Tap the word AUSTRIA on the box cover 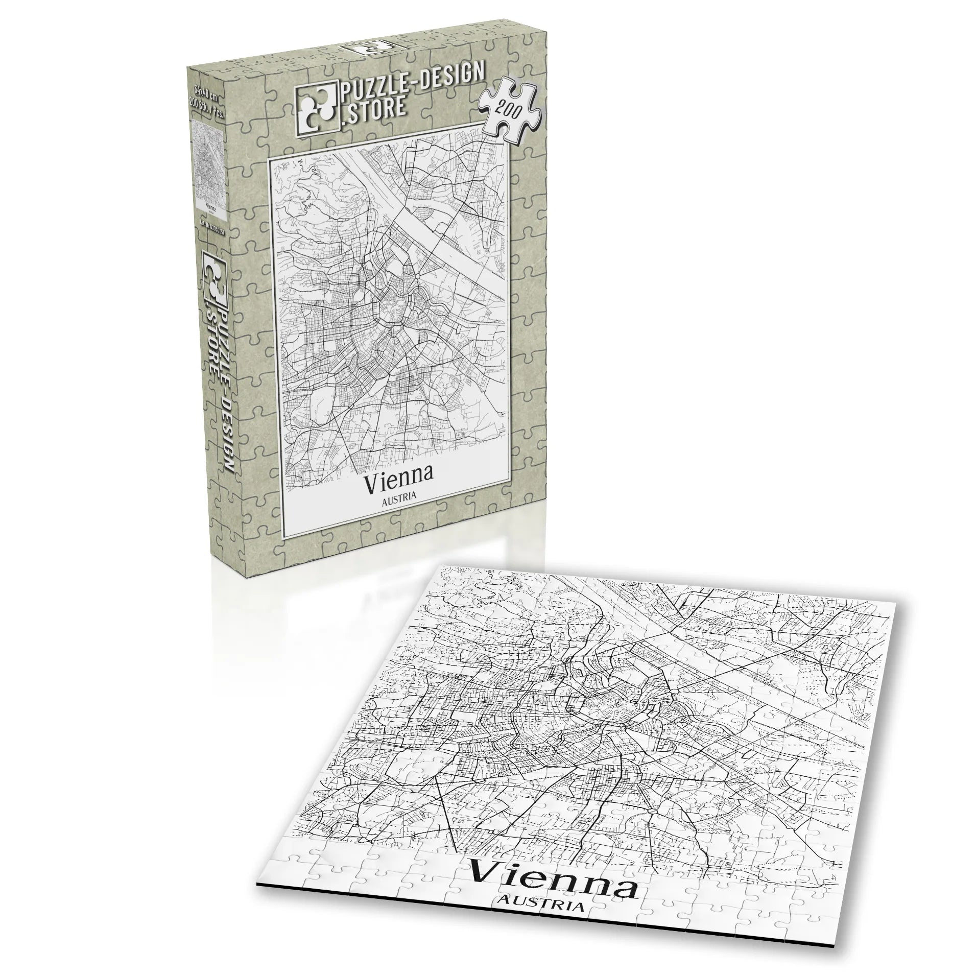pos(399,494)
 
